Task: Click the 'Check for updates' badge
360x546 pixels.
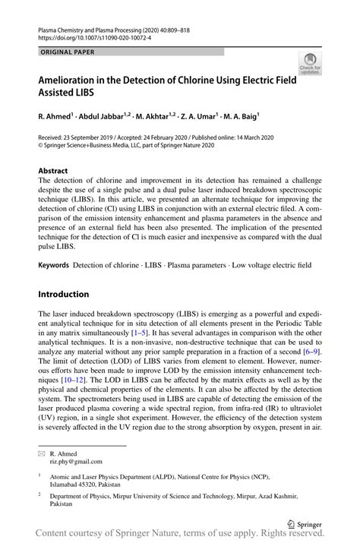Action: (309, 64)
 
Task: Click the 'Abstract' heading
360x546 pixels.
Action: (52, 171)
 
